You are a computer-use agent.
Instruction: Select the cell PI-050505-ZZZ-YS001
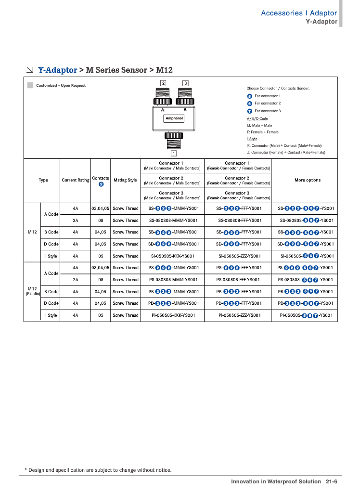pos(239,315)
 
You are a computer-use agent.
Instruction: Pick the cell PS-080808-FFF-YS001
pos(239,280)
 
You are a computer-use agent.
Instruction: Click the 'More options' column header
pos(307,180)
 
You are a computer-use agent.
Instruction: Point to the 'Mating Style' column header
pos(125,180)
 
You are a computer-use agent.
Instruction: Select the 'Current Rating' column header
pos(76,180)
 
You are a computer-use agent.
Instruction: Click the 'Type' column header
pos(43,180)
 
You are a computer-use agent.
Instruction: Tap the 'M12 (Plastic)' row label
pos(32,291)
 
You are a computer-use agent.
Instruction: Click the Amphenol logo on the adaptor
pos(174,118)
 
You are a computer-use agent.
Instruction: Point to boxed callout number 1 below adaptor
pos(173,154)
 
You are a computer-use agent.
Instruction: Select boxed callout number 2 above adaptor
pos(163,83)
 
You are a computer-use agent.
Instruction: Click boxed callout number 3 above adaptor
pos(185,83)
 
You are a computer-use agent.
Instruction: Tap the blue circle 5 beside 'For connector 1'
pos(249,96)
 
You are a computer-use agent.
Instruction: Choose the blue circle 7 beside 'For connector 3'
pos(249,111)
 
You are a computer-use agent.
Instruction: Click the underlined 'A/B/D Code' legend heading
pos(257,118)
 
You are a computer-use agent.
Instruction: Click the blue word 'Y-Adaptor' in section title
pos(58,70)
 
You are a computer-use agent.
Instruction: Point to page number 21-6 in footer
pos(331,481)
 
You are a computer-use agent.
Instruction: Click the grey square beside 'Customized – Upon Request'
pos(30,85)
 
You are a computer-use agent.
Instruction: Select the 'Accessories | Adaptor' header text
pos(298,13)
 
